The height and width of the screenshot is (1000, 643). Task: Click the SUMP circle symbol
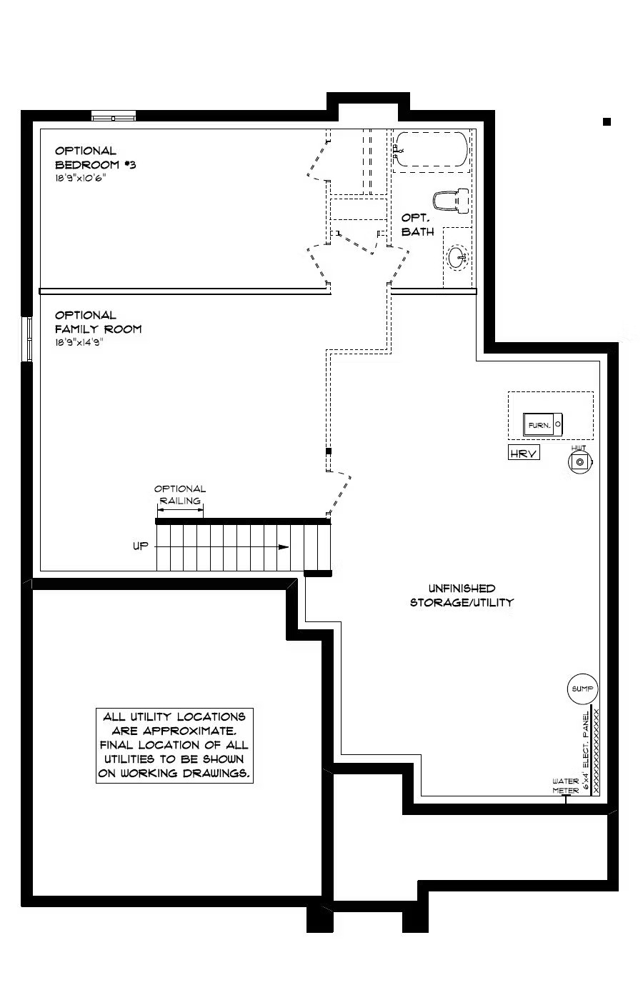[x=582, y=689]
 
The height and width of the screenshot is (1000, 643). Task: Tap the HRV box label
[x=524, y=453]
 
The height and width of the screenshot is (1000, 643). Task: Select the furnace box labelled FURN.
[x=542, y=424]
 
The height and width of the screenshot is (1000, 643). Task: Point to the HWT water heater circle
[x=579, y=462]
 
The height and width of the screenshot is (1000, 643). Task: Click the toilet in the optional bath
[x=451, y=200]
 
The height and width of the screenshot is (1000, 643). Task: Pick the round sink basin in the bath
[x=458, y=258]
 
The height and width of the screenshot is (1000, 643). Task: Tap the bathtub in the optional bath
[x=431, y=149]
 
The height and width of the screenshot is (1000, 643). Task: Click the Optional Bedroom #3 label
[x=95, y=158]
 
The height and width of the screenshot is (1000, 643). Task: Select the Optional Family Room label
[x=99, y=322]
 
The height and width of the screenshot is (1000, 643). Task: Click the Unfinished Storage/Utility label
[x=462, y=595]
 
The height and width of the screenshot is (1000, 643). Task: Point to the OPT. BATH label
[x=417, y=224]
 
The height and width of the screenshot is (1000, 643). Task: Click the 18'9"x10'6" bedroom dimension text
[x=80, y=178]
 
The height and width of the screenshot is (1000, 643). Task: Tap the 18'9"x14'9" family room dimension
[x=79, y=342]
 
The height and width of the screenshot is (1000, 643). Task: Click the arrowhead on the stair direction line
[x=284, y=547]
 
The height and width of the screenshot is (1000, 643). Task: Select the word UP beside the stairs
[x=140, y=546]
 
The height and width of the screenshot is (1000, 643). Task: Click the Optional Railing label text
[x=180, y=494]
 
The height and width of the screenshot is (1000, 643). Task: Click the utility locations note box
[x=174, y=745]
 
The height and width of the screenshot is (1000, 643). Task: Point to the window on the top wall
[x=114, y=116]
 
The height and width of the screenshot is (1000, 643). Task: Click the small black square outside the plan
[x=607, y=121]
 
